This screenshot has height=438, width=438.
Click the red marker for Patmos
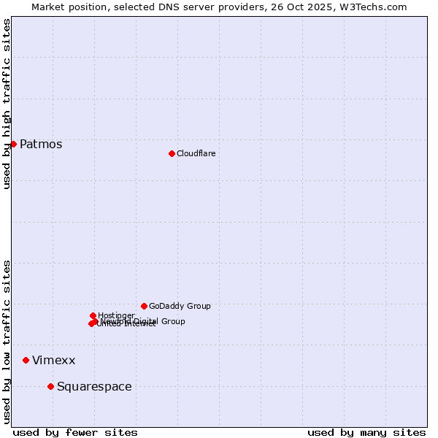pos(13,144)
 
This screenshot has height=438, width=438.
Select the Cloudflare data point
pos(172,153)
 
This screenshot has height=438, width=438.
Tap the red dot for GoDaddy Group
pos(144,306)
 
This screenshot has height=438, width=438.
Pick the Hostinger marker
pos(93,315)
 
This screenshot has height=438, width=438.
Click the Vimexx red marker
pos(26,360)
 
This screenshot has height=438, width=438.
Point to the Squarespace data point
pos(50,386)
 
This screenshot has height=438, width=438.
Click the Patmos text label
pos(41,144)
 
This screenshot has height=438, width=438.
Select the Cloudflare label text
pos(196,153)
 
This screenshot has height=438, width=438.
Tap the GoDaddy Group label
pos(180,306)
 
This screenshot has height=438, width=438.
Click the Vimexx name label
pos(53,360)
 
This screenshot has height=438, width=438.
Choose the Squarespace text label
pos(94,386)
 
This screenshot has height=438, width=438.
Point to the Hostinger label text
pos(116,315)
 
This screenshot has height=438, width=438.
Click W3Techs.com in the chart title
pos(373,7)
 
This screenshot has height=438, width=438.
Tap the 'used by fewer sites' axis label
pos(75,432)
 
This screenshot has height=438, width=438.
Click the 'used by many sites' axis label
pos(366,432)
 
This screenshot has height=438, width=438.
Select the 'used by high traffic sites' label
pos(7,104)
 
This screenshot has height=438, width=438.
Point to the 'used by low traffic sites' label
pos(7,341)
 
